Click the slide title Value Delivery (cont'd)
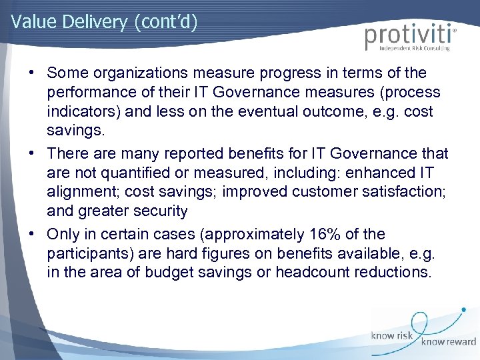104,21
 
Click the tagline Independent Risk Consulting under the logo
415,49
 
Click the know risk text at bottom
393,335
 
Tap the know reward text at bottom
447,343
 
